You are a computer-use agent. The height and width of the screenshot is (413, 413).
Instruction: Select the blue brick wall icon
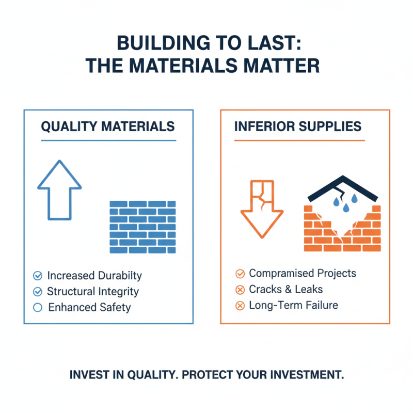pyautogui.click(x=142, y=227)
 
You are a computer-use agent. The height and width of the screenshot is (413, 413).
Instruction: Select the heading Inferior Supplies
pyautogui.click(x=298, y=126)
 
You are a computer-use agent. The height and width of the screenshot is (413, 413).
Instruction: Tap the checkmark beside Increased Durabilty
pyautogui.click(x=37, y=276)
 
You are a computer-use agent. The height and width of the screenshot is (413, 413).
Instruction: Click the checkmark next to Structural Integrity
pyautogui.click(x=37, y=292)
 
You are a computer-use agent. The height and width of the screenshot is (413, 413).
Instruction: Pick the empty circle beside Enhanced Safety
pyautogui.click(x=37, y=308)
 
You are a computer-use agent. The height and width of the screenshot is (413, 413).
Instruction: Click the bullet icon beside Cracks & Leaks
pyautogui.click(x=240, y=290)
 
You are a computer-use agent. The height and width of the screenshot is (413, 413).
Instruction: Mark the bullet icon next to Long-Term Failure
pyautogui.click(x=240, y=306)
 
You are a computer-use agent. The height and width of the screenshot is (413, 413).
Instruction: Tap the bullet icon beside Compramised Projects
pyautogui.click(x=240, y=274)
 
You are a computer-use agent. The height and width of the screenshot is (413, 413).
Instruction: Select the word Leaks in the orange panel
pyautogui.click(x=308, y=290)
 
